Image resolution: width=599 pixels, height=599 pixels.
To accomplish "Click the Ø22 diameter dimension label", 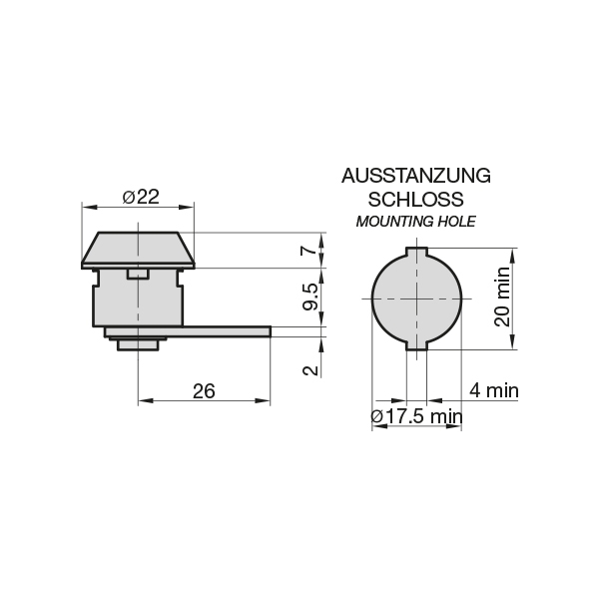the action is tap(141, 197).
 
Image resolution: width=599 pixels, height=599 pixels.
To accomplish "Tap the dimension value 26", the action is tap(204, 391).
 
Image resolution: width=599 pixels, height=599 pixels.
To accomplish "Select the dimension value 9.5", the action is tap(310, 297).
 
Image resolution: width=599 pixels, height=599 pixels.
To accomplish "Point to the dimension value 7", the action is tap(309, 251).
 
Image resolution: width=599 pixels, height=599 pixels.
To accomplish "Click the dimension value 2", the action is tap(310, 370).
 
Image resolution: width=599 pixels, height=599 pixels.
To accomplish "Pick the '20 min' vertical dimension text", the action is tap(503, 297).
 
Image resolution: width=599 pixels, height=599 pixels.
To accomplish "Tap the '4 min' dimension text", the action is tap(494, 390).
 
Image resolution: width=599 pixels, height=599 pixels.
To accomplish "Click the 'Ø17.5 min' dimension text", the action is tap(416, 416).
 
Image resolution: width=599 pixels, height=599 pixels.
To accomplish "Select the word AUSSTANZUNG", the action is tap(416, 176).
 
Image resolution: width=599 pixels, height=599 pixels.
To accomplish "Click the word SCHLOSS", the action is tap(416, 200).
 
